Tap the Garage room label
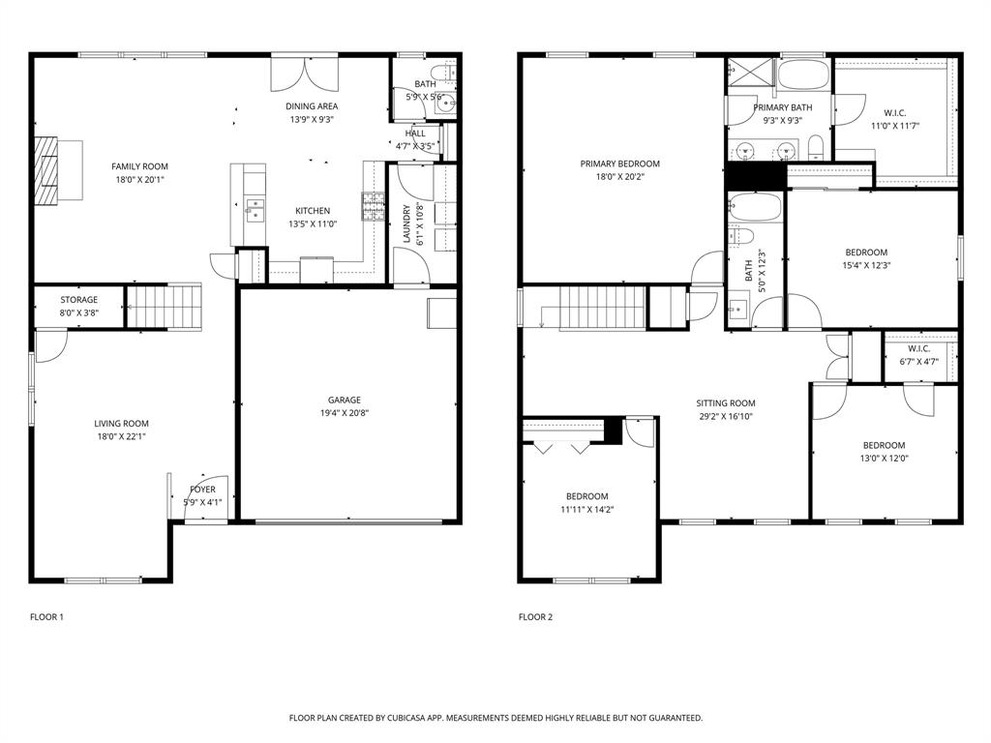pyautogui.click(x=344, y=400)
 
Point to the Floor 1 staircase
pyautogui.click(x=165, y=307)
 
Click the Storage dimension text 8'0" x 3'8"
pyautogui.click(x=79, y=312)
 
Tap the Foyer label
pyautogui.click(x=203, y=490)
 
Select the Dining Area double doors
pyautogui.click(x=307, y=74)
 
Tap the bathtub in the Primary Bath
pyautogui.click(x=804, y=75)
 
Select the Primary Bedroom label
pyautogui.click(x=619, y=163)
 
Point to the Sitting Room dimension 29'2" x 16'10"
pyautogui.click(x=725, y=417)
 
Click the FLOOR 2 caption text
pyautogui.click(x=535, y=616)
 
